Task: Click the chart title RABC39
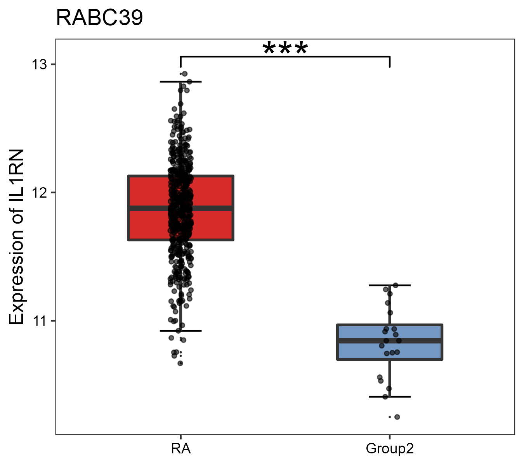pyautogui.click(x=99, y=18)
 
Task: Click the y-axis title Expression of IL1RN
pyautogui.click(x=16, y=237)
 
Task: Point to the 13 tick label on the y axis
pyautogui.click(x=39, y=64)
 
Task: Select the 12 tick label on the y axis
pyautogui.click(x=39, y=193)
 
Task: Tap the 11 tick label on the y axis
pyautogui.click(x=39, y=321)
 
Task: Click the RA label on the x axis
pyautogui.click(x=180, y=449)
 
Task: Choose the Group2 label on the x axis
pyautogui.click(x=389, y=449)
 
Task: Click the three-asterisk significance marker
pyautogui.click(x=285, y=49)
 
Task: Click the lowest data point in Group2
pyautogui.click(x=397, y=417)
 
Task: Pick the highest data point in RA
pyautogui.click(x=185, y=74)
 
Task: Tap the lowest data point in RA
pyautogui.click(x=180, y=363)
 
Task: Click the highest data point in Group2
pyautogui.click(x=396, y=285)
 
